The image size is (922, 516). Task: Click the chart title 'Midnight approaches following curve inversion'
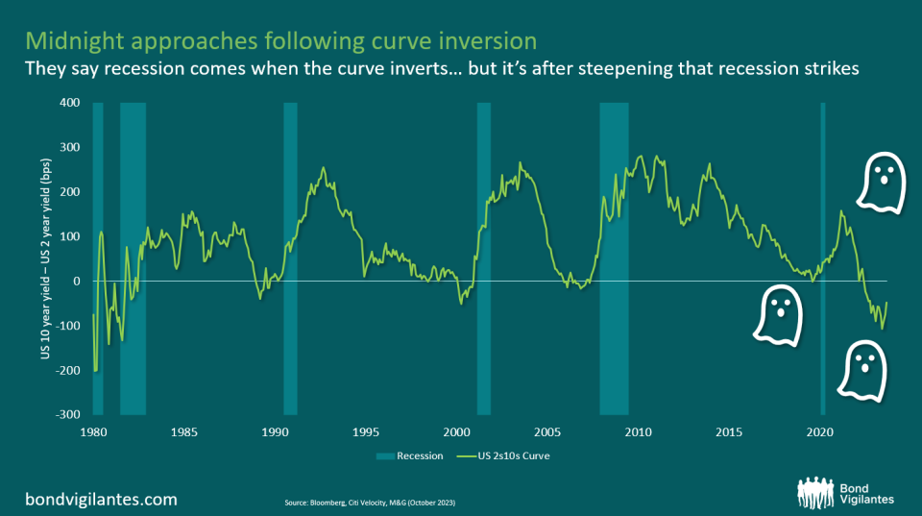pos(280,41)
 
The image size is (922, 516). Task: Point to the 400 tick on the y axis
pos(69,103)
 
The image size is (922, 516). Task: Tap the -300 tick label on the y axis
pos(67,414)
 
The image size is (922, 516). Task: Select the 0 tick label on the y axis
pos(75,281)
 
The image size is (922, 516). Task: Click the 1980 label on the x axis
pos(93,433)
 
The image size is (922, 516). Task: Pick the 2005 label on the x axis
pos(547,433)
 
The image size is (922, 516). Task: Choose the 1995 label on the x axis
pos(366,433)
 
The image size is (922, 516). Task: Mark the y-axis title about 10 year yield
pos(44,259)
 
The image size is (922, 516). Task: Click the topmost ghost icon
pos(880,184)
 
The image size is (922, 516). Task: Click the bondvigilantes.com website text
pos(101,499)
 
